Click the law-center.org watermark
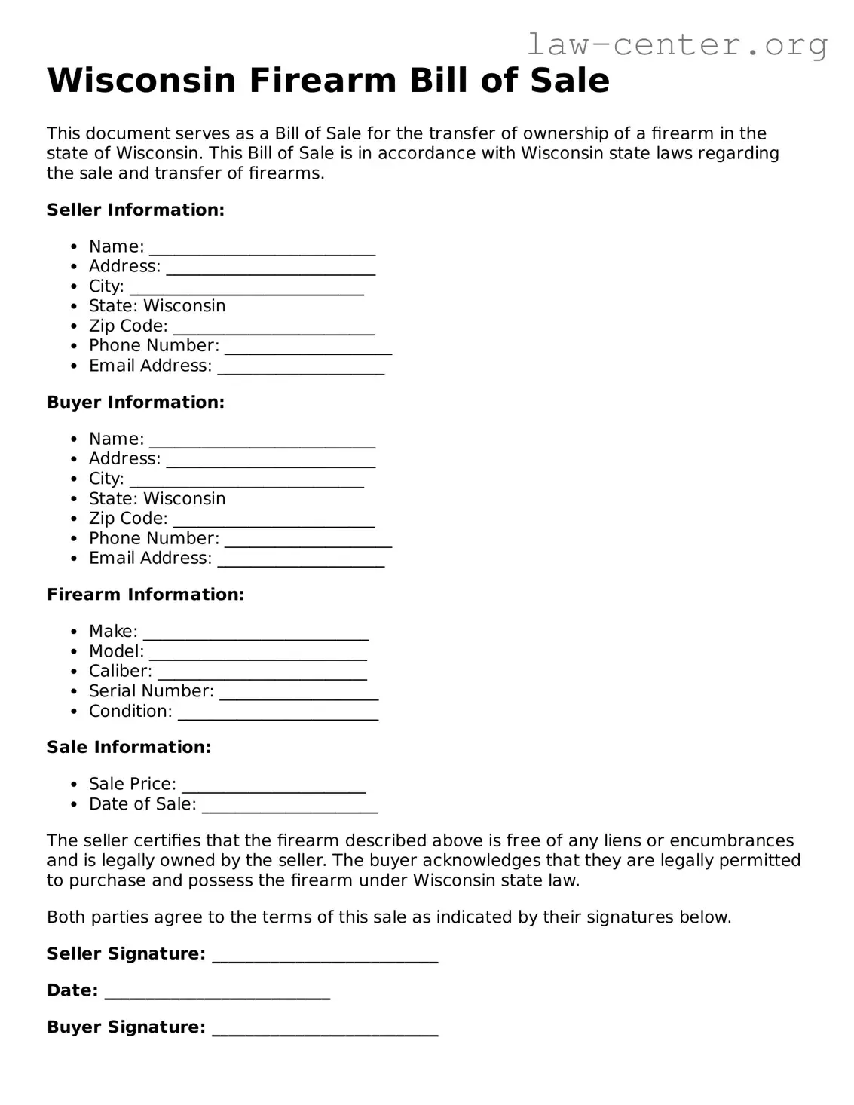pyautogui.click(x=676, y=45)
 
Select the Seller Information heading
pyautogui.click(x=136, y=210)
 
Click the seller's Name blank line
pyautogui.click(x=262, y=248)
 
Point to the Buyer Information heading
pyautogui.click(x=136, y=402)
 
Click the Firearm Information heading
pyautogui.click(x=145, y=594)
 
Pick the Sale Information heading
pyautogui.click(x=129, y=747)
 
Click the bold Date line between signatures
pyautogui.click(x=217, y=992)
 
